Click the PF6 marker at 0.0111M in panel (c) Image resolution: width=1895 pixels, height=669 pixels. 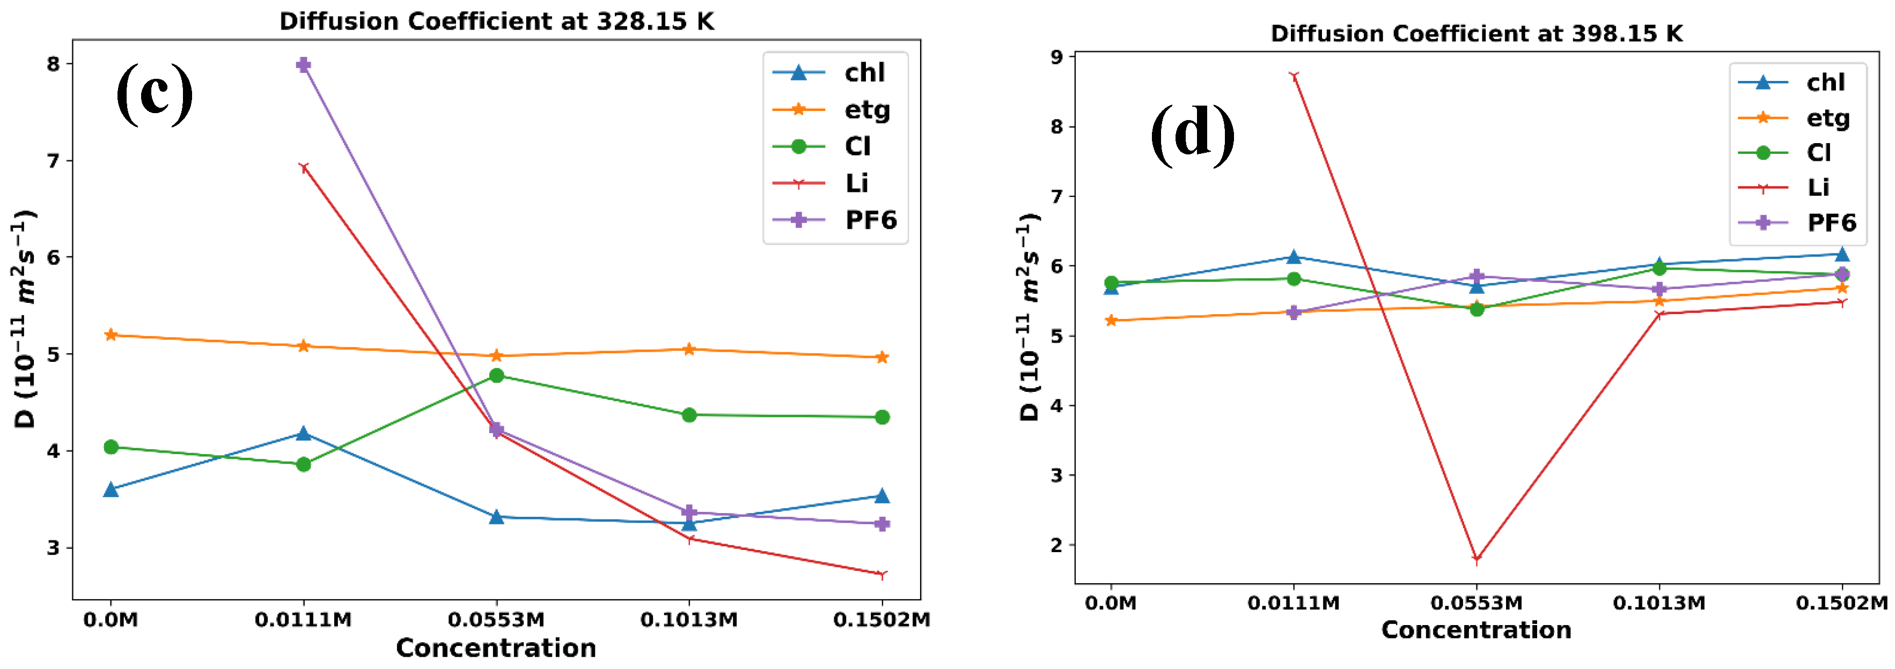click(303, 65)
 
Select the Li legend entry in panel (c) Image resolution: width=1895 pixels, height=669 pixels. click(835, 183)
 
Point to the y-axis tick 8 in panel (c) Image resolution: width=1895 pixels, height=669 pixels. click(53, 64)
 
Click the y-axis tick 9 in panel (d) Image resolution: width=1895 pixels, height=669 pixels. click(1057, 57)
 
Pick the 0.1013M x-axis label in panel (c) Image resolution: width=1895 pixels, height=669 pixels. click(688, 620)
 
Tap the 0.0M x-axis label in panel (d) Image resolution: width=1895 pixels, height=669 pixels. click(1111, 604)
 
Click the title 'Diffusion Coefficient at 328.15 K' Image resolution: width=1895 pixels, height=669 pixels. click(497, 21)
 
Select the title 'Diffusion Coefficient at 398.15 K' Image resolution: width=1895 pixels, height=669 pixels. click(1477, 34)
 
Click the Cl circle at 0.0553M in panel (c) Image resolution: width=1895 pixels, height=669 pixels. click(497, 376)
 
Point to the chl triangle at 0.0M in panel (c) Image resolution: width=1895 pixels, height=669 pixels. click(111, 489)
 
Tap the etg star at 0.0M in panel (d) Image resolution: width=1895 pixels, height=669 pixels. click(1111, 321)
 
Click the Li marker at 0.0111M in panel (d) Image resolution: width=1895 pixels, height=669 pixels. click(1294, 76)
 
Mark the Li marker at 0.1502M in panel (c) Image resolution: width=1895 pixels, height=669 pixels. click(882, 574)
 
